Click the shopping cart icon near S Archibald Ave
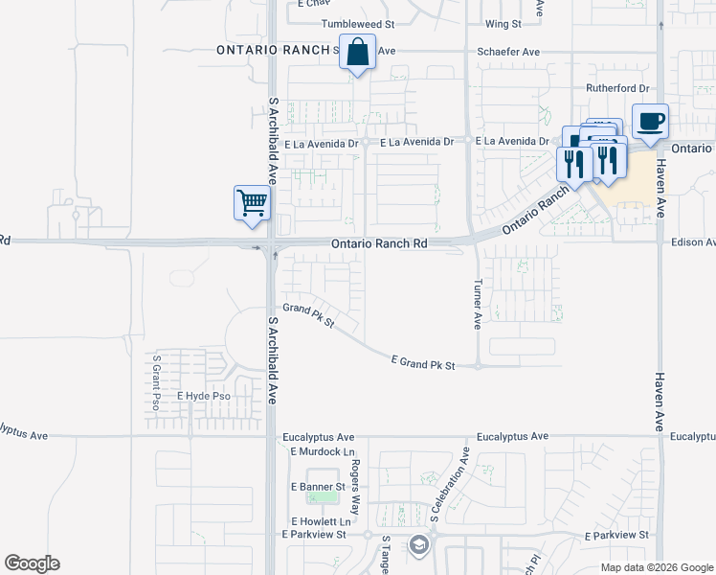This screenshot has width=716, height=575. pos(252,202)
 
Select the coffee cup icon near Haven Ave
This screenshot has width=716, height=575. pos(651,121)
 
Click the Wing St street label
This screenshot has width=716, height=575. pos(503,23)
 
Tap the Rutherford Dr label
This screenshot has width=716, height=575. pos(617,88)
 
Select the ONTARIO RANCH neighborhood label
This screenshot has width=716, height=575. pos(273,49)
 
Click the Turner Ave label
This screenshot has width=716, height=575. pos(477,305)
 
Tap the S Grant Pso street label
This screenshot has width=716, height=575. pos(156,383)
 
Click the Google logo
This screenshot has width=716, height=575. pos(32,563)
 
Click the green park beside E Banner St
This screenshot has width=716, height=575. pos(322,497)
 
